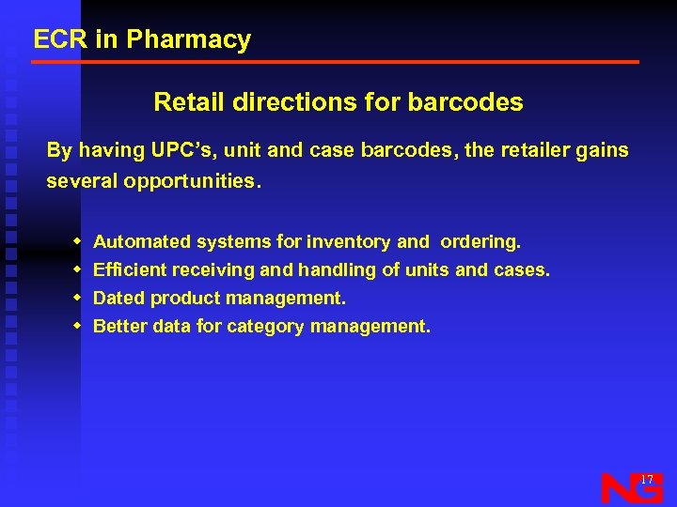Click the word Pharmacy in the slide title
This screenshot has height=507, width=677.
pos(188,40)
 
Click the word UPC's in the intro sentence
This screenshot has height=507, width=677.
pos(179,150)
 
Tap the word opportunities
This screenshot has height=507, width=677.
pos(192,181)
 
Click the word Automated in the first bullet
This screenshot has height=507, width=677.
pos(142,242)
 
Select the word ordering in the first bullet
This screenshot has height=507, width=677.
pos(480,242)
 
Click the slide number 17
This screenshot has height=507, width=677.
pos(647,480)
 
